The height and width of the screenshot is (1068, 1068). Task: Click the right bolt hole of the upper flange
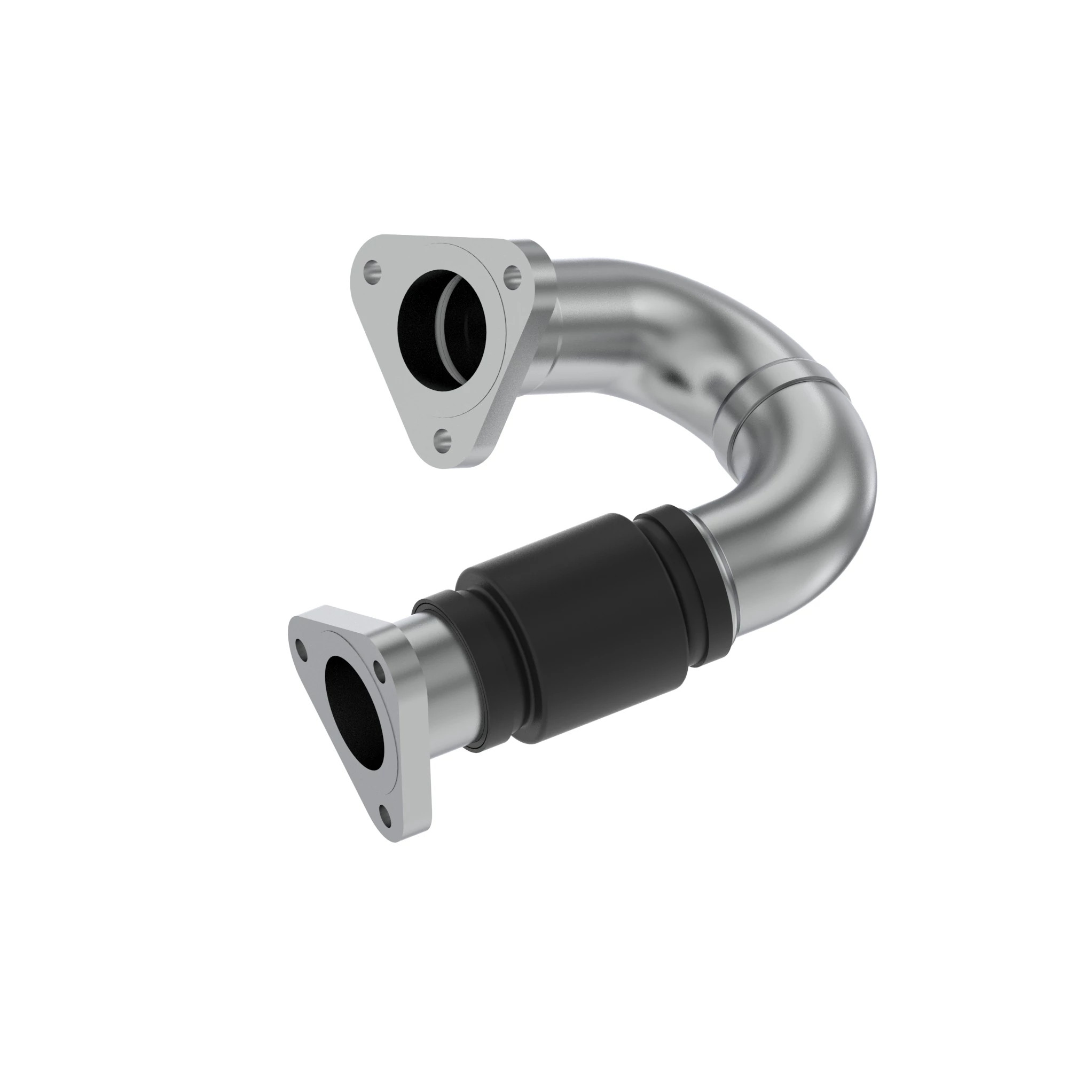click(513, 274)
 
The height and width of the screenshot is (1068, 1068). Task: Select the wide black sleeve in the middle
click(575, 625)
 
